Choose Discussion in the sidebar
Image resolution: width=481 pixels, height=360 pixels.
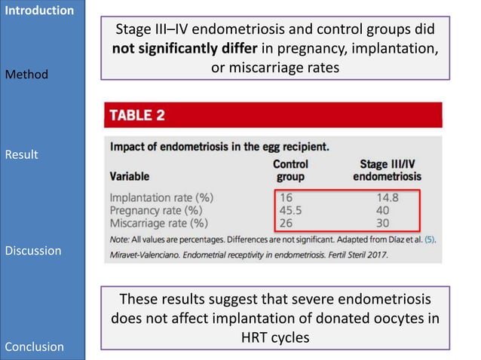tap(33, 250)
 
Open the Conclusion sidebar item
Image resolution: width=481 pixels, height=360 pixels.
tap(35, 346)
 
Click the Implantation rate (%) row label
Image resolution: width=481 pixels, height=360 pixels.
tap(161, 197)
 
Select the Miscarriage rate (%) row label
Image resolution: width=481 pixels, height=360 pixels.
tap(158, 223)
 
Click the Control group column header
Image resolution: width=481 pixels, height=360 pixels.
tap(290, 170)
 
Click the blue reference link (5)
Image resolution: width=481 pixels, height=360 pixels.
tap(430, 239)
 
